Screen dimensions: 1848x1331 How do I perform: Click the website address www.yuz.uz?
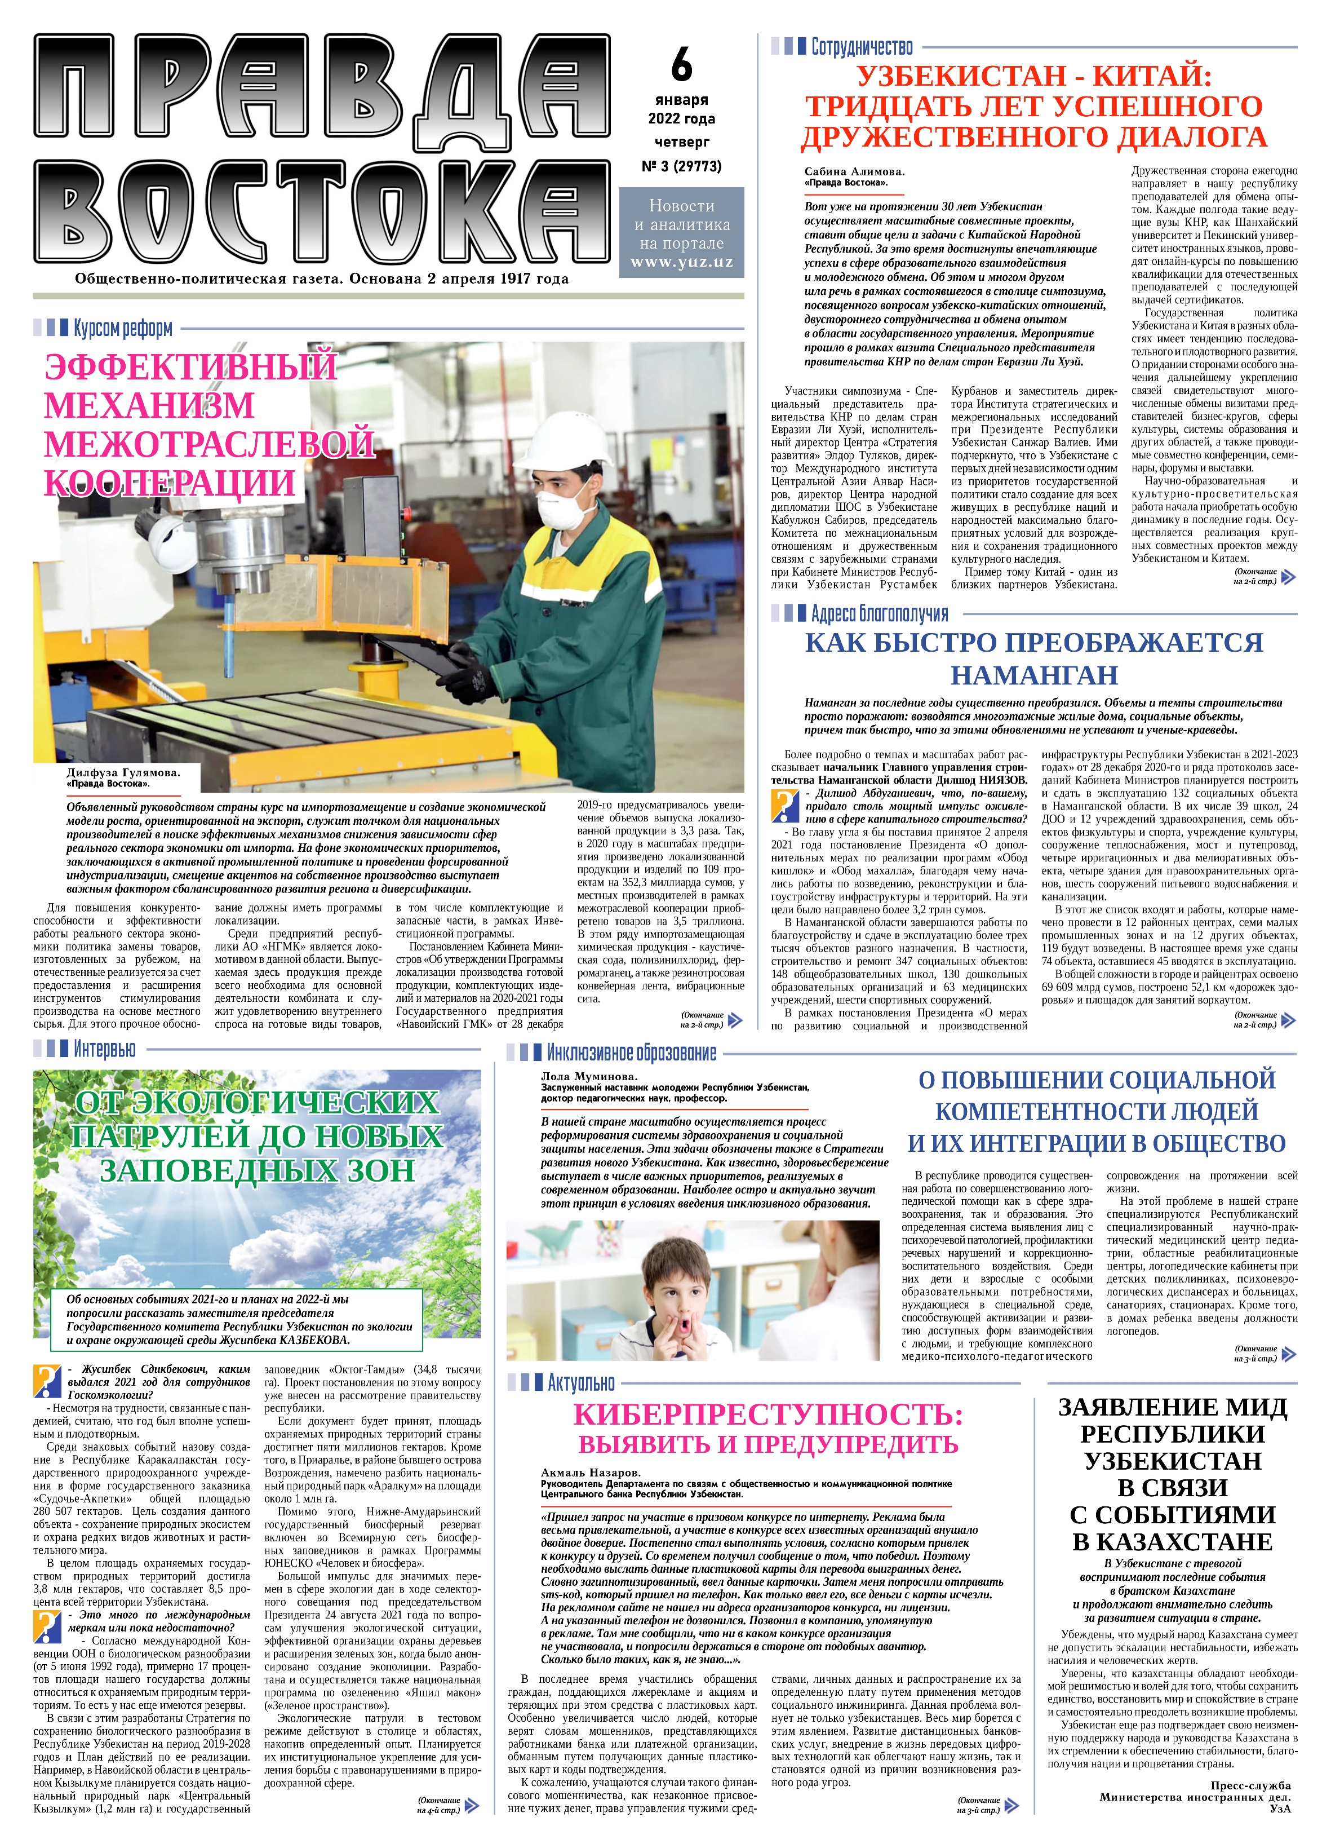pos(681,262)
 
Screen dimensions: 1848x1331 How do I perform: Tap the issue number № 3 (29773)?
pos(681,166)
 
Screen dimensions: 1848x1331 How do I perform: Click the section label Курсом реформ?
pos(123,328)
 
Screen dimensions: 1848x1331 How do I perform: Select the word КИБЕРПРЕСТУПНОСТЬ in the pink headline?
pos(767,1414)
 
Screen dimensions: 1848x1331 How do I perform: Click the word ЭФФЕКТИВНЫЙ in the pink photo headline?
pos(190,366)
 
